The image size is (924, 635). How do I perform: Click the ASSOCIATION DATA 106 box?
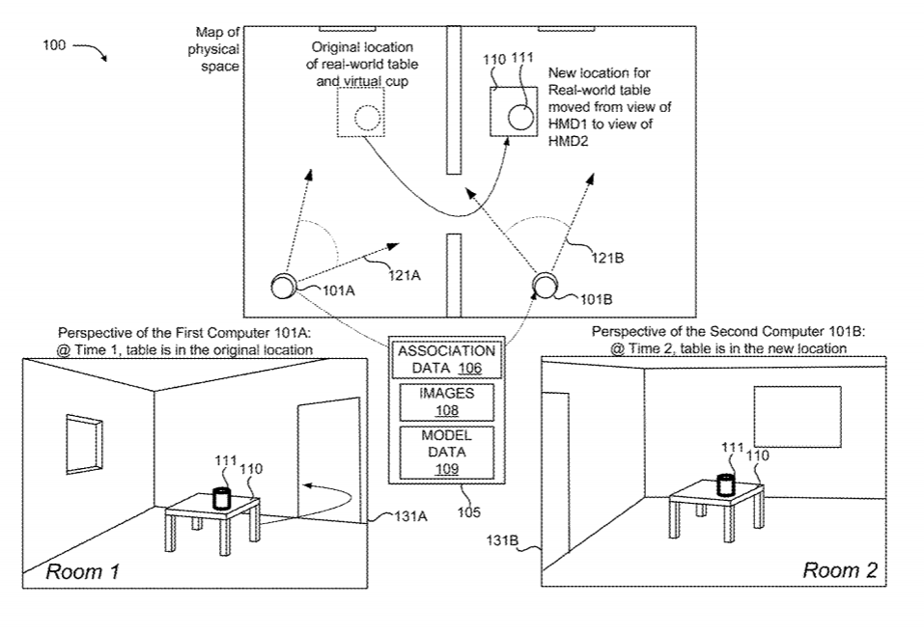point(446,359)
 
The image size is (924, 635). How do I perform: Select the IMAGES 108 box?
point(446,401)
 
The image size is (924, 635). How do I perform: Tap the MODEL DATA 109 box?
point(446,452)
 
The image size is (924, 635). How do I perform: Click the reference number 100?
point(54,45)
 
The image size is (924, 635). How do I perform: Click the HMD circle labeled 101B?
point(545,284)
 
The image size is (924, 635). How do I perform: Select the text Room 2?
point(839,570)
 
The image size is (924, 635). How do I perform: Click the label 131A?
point(410,516)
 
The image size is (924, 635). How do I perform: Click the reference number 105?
point(467,512)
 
